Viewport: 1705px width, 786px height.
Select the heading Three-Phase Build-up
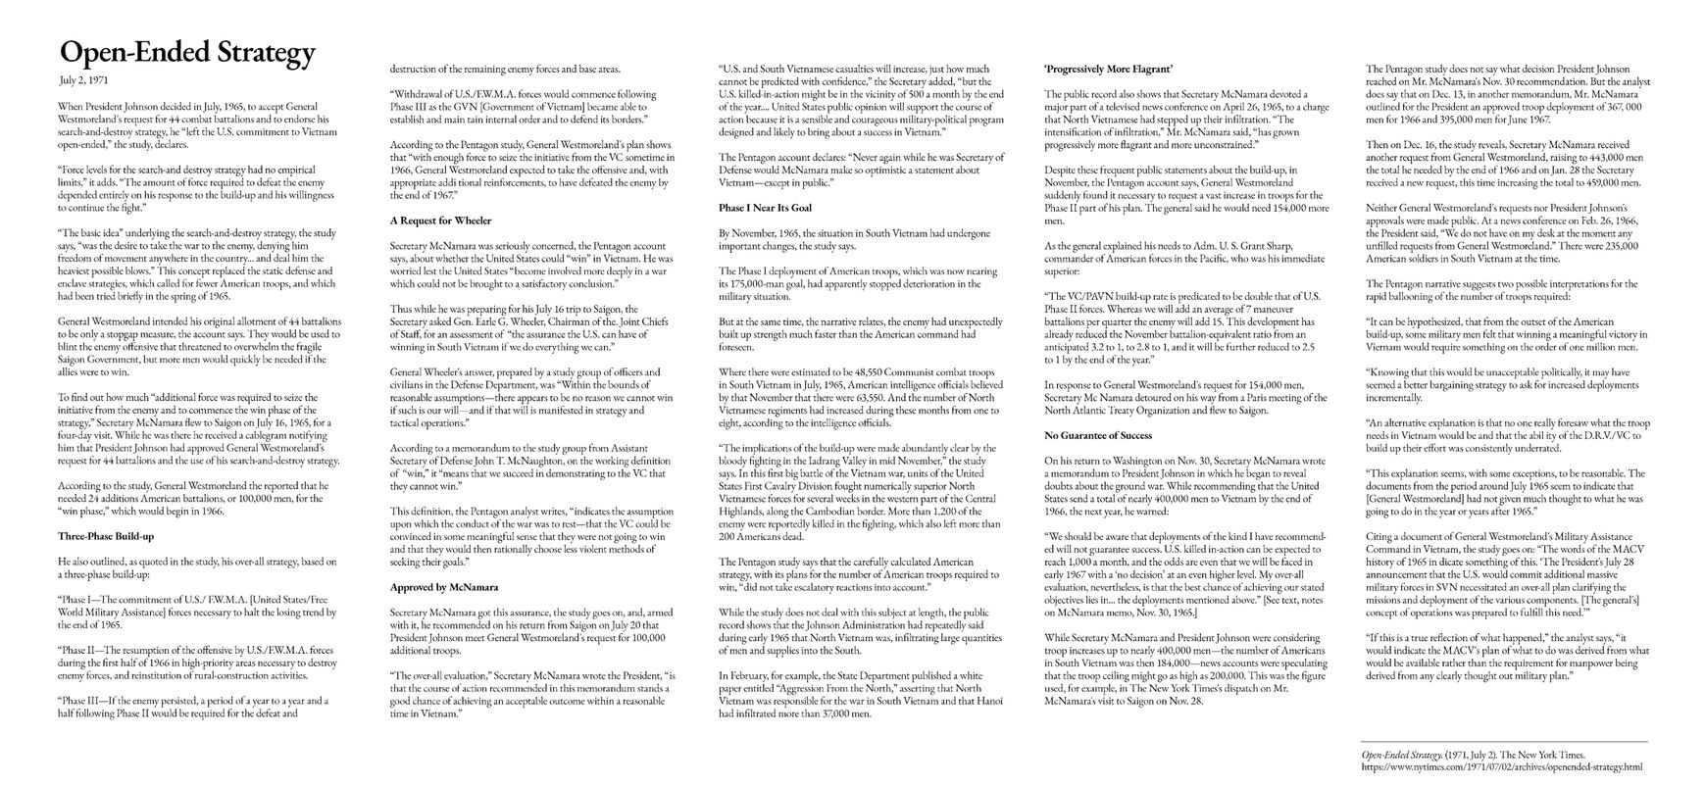[x=107, y=536]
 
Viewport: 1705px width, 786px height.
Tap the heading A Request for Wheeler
[x=440, y=221]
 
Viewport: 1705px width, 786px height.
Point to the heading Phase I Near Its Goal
[x=766, y=208]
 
